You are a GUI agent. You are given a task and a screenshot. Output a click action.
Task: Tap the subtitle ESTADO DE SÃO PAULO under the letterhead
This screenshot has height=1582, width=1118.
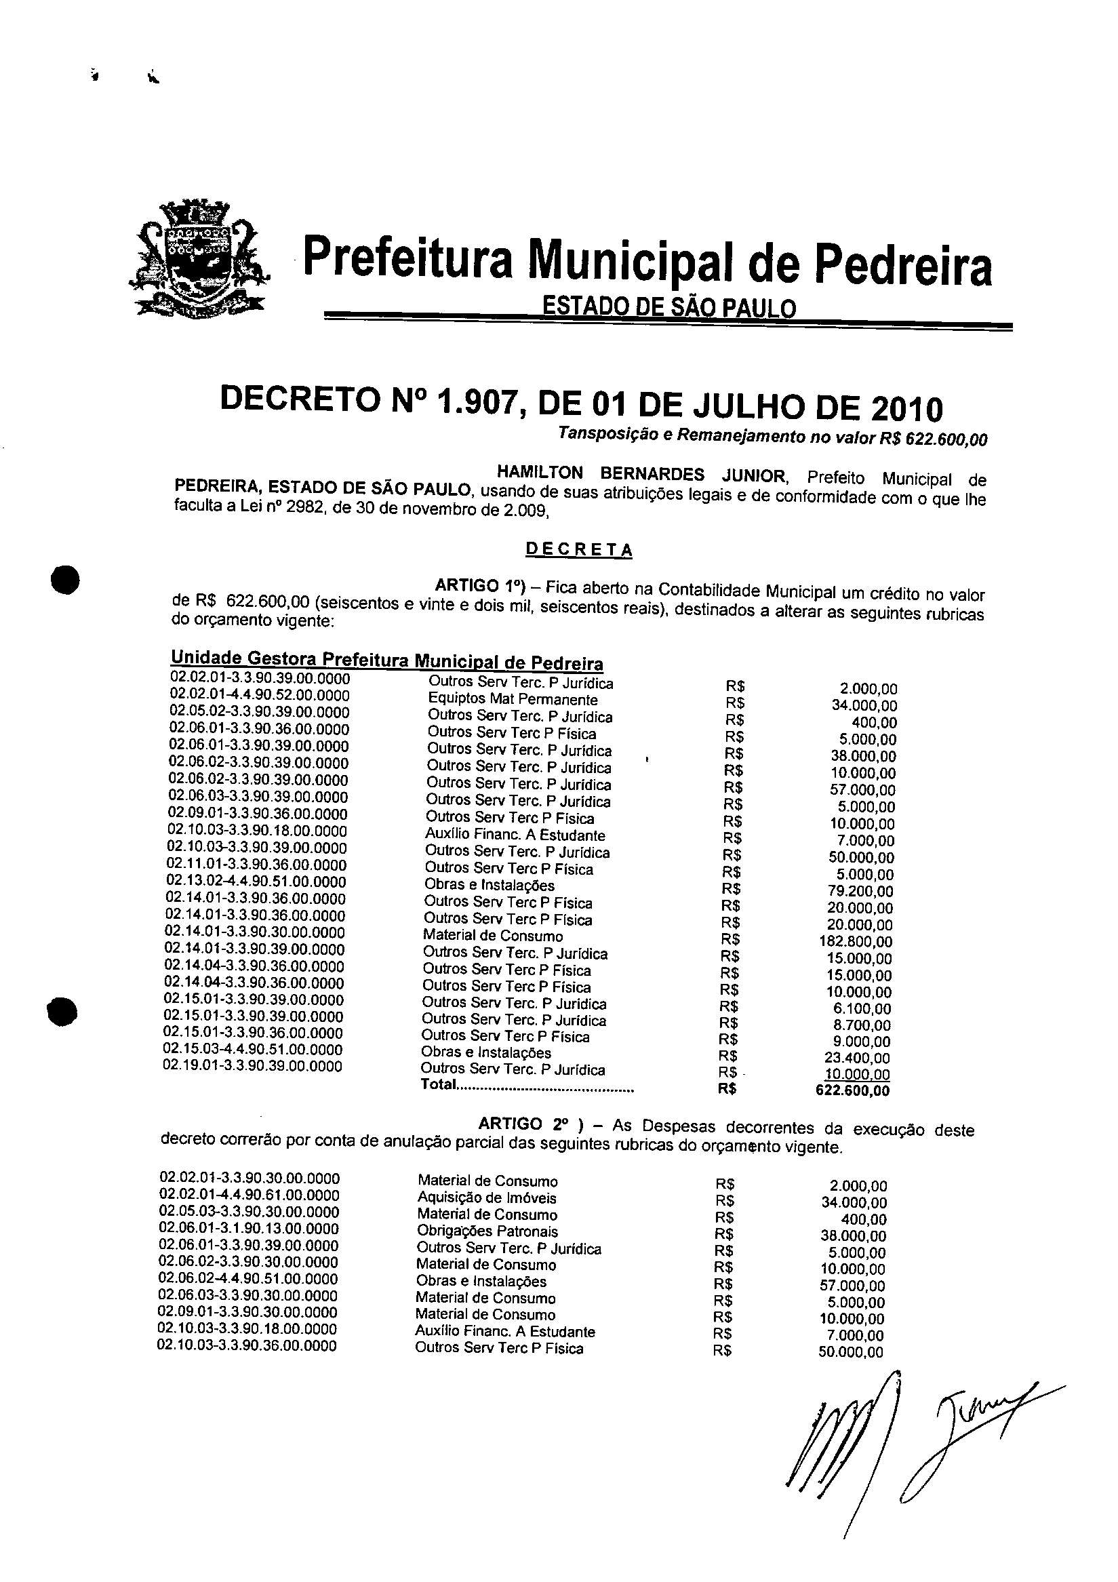click(x=669, y=305)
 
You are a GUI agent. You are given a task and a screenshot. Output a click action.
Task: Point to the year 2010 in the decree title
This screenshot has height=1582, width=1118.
click(x=907, y=410)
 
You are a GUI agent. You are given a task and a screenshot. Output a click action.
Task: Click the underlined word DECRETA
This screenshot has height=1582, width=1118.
click(x=578, y=550)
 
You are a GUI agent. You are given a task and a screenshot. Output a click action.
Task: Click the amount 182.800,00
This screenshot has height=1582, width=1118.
click(x=856, y=942)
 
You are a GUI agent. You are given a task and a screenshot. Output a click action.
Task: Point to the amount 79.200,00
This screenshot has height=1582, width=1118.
click(x=859, y=892)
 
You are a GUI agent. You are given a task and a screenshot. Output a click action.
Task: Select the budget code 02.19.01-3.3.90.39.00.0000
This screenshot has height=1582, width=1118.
click(x=252, y=1067)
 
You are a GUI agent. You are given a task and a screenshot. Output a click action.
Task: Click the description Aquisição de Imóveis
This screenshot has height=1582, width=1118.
click(x=486, y=1198)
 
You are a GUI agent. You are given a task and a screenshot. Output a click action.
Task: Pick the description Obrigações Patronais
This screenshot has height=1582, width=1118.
click(x=487, y=1231)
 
